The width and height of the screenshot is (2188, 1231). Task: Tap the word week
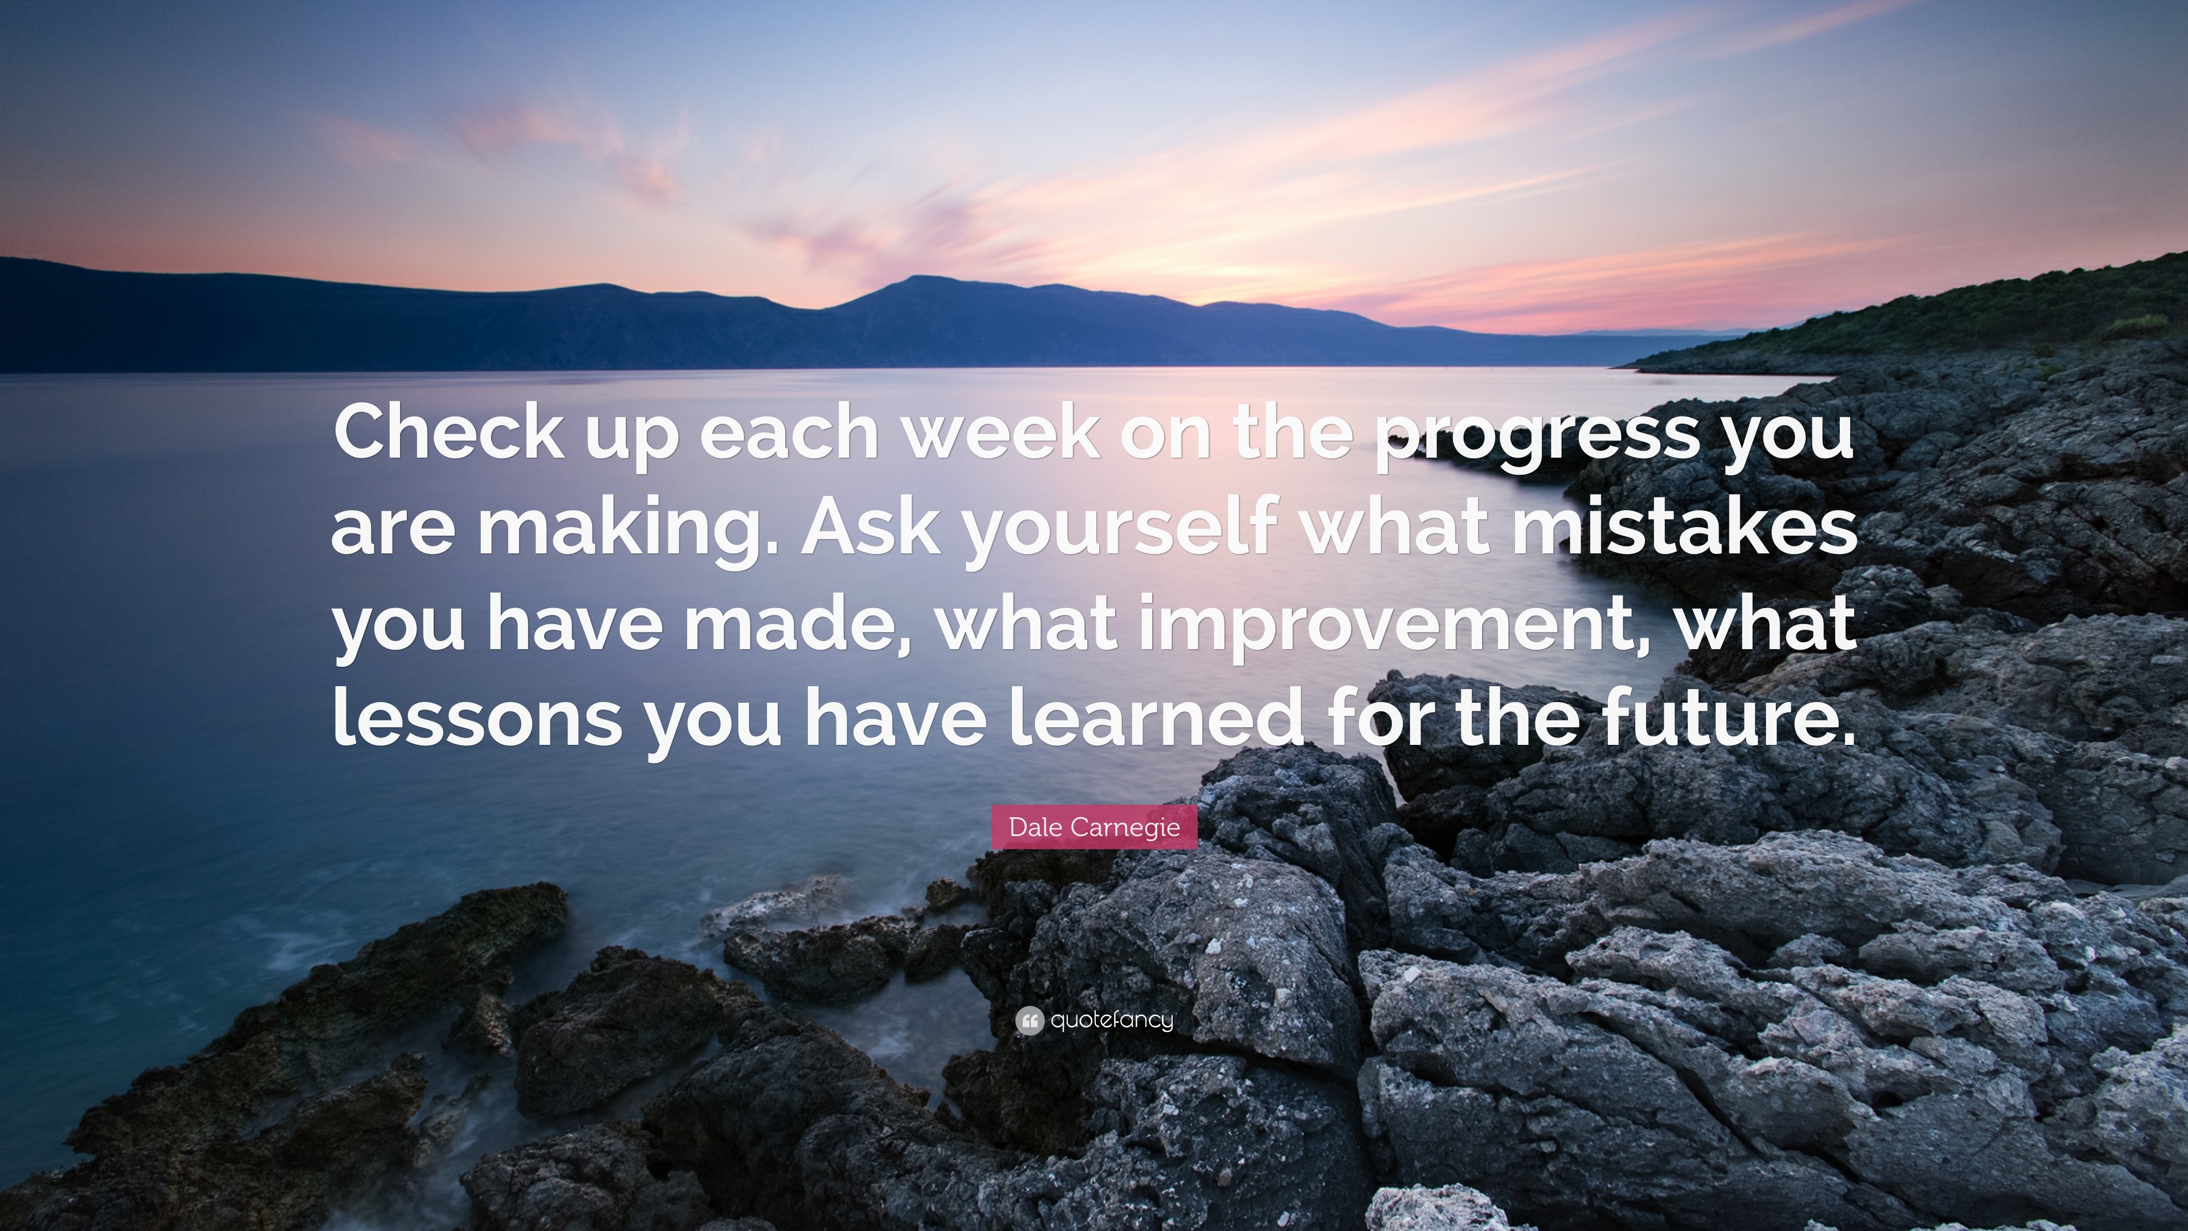tap(1001, 431)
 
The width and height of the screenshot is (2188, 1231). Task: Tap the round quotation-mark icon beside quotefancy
tap(1030, 1020)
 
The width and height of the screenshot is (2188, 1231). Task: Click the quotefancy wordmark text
tap(1112, 1020)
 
